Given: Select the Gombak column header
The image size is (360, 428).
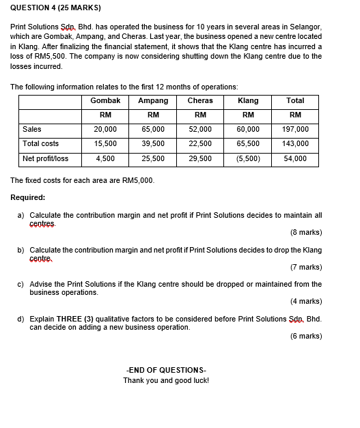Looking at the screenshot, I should pos(105,100).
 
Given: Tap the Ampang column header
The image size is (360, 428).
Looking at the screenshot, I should pos(153,100).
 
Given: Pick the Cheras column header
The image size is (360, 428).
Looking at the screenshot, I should pos(200,100).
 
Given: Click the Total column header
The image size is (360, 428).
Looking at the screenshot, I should pos(295,100).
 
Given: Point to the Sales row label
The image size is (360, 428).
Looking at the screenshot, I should pos(32,129).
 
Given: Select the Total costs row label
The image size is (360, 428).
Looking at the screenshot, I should pos(40,143).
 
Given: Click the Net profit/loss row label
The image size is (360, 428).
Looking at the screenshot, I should pos(45,158).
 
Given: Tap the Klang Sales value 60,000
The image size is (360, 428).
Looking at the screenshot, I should pos(248,129).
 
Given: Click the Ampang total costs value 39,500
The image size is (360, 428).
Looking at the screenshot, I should pos(153,143).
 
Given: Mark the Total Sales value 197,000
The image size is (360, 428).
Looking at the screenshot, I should pos(295,129).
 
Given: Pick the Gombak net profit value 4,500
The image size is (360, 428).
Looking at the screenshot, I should pos(105,158).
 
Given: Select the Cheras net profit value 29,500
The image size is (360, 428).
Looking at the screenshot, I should pos(200,158).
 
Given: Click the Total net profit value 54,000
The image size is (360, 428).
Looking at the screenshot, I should pos(295,158).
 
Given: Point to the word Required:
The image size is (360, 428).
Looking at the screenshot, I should pos(28,197).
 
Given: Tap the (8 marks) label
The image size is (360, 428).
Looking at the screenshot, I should pos(306,232).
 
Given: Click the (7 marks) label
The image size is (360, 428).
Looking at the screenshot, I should pos(306,267).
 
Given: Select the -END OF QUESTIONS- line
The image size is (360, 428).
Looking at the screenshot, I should pos(166,369).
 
